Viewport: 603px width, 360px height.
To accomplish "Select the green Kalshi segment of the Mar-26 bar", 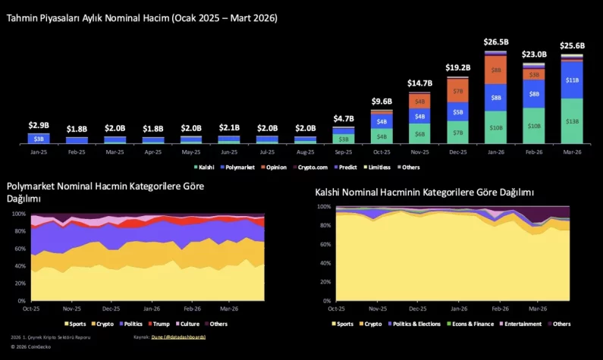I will coord(572,121).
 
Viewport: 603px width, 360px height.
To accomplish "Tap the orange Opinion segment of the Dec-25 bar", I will coord(457,91).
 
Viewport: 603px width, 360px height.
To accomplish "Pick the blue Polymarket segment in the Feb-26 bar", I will coord(534,93).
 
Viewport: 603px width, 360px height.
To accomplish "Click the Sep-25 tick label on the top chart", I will coord(343,152).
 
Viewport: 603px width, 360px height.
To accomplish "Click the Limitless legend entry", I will coord(377,167).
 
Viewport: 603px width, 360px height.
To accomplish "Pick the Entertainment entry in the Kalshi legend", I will coord(522,324).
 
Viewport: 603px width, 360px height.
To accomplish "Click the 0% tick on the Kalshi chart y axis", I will coord(324,301).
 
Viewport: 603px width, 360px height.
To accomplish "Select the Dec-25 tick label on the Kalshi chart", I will coord(416,308).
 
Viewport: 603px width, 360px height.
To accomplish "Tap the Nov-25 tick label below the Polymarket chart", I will coord(71,308).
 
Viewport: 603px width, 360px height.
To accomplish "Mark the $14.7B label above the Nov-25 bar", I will coord(419,83).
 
